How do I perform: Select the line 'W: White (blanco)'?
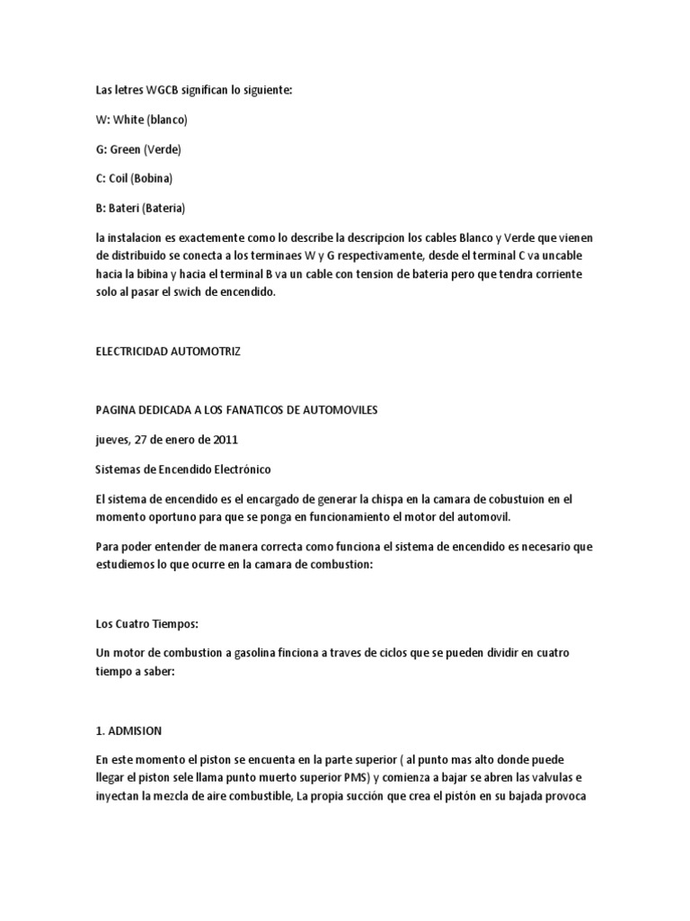coord(141,120)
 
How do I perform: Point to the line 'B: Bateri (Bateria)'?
coord(140,208)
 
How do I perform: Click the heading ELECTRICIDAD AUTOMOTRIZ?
coord(168,352)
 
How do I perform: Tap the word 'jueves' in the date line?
coord(111,440)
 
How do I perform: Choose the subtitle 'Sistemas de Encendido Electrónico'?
coord(182,469)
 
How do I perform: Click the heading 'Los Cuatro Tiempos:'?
coord(141,623)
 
